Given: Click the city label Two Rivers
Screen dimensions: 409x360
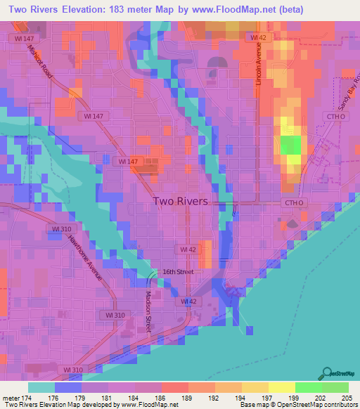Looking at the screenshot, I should pyautogui.click(x=180, y=201).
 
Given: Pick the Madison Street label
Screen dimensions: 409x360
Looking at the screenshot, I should pyautogui.click(x=149, y=311).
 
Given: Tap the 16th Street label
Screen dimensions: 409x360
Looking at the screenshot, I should pyautogui.click(x=179, y=271).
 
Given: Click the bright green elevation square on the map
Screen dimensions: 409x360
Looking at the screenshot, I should pyautogui.click(x=290, y=145).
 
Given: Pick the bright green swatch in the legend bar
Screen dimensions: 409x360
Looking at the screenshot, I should pyautogui.click(x=308, y=387).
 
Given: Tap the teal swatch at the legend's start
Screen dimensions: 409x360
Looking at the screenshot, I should pyautogui.click(x=41, y=387).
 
